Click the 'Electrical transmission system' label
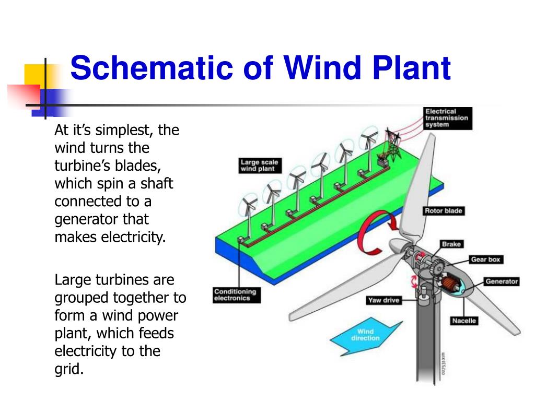448,119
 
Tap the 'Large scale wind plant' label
260,166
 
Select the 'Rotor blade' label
444,211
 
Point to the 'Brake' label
451,244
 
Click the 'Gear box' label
485,260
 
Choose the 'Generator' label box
502,281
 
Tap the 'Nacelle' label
464,321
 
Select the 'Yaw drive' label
384,300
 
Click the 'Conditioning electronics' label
237,295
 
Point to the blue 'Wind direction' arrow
365,336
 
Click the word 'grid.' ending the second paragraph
69,369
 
